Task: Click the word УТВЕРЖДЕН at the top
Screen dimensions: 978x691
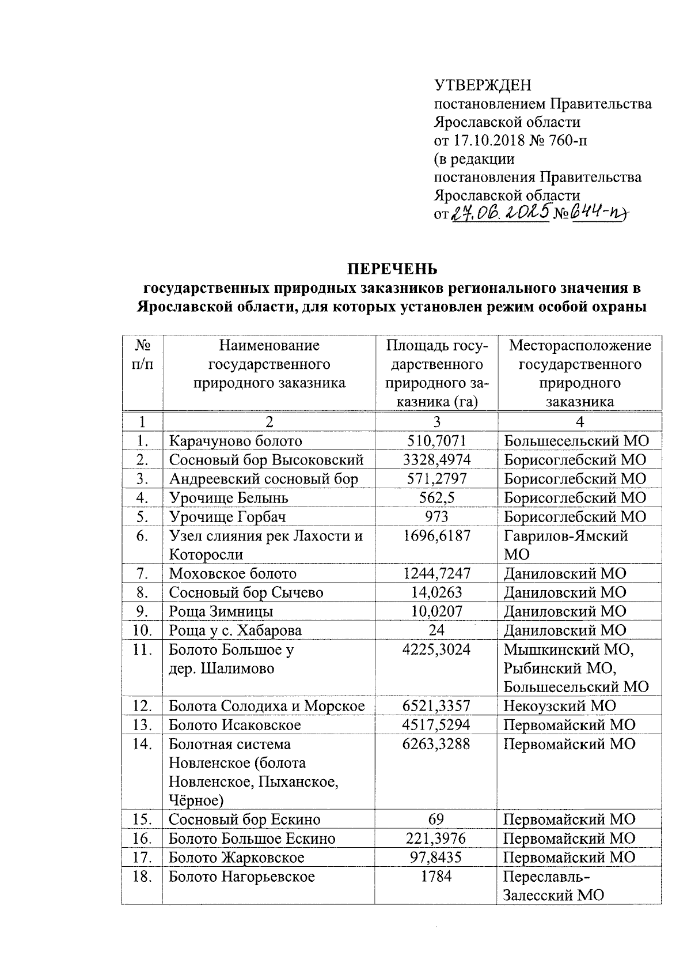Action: point(483,86)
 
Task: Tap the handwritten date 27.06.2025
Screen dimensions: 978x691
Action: point(500,214)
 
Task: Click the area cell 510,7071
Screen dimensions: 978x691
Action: point(436,441)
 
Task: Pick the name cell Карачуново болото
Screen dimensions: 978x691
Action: point(235,441)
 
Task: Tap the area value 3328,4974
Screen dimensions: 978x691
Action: point(436,460)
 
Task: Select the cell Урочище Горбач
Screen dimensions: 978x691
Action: point(227,516)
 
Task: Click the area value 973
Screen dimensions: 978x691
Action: point(436,516)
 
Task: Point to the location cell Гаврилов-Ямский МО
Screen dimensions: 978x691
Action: point(565,545)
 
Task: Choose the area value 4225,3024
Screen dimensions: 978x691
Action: point(436,650)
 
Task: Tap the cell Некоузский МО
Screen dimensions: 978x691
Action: point(559,705)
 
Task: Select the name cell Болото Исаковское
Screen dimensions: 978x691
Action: point(234,724)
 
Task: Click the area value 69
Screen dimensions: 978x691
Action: point(436,819)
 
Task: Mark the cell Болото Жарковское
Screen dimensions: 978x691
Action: point(236,857)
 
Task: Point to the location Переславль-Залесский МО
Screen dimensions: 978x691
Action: point(553,886)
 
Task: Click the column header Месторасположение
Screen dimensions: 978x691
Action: point(580,345)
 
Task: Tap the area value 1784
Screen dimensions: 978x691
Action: point(436,877)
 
